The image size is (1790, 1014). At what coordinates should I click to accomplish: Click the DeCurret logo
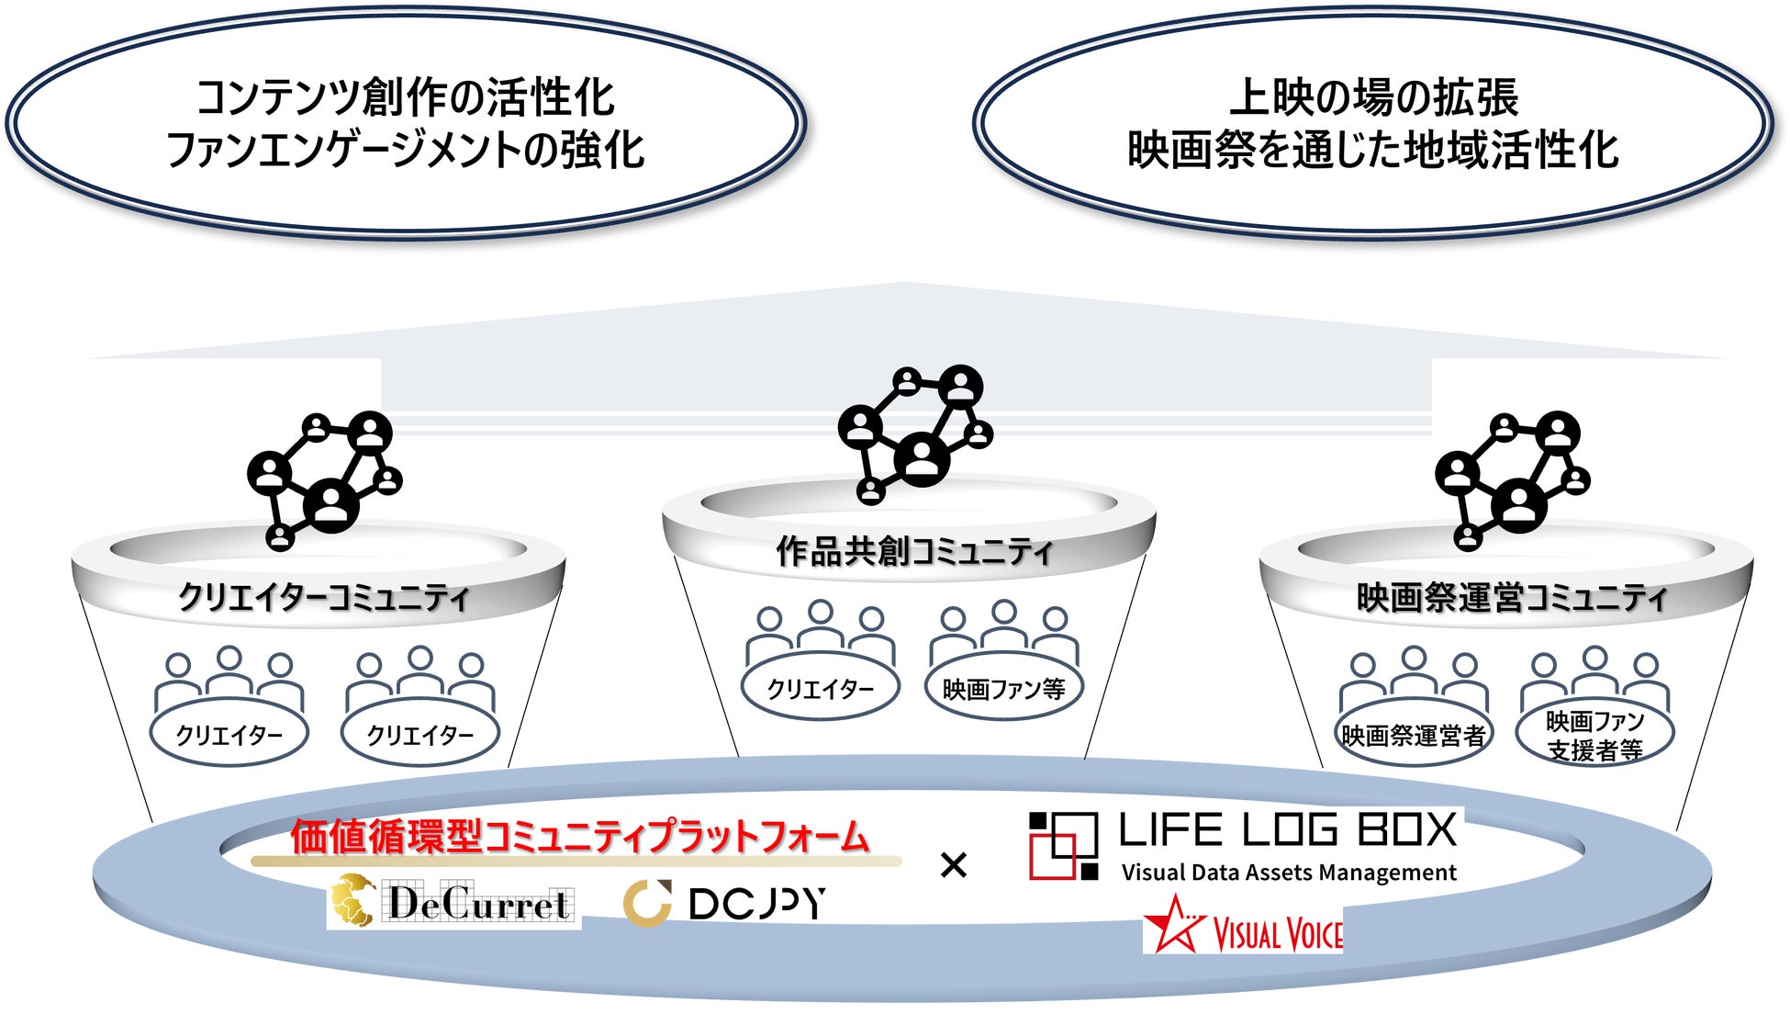(454, 902)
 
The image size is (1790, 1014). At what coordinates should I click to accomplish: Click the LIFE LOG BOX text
(1287, 830)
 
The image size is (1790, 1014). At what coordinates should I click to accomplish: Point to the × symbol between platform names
(954, 865)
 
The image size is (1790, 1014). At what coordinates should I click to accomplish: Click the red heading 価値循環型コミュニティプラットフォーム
(579, 837)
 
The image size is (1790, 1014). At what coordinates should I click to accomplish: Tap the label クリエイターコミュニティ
(323, 597)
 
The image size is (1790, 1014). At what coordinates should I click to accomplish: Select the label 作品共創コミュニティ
(913, 551)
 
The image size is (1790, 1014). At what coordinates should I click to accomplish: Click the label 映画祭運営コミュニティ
(1510, 598)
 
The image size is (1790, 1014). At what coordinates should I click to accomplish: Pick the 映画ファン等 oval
(1003, 689)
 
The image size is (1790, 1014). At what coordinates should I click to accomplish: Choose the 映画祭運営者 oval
(1414, 736)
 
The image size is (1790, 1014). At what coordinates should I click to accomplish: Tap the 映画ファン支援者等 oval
(1594, 736)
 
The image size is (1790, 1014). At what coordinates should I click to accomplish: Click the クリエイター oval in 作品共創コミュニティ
(821, 689)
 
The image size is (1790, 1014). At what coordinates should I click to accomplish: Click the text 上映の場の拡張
(1373, 97)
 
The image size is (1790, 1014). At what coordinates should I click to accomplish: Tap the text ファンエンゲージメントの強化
(405, 151)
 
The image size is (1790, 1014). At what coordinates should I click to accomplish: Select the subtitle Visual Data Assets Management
(1289, 873)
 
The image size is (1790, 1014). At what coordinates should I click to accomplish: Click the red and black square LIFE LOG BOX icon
(1063, 846)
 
